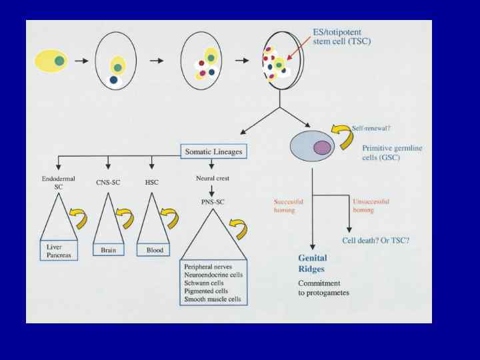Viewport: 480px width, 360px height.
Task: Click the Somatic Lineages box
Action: click(213, 152)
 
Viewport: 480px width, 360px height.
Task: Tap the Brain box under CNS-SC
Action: click(109, 251)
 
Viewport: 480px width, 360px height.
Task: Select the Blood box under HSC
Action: click(153, 251)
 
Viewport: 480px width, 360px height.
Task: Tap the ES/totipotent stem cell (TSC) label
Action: click(342, 37)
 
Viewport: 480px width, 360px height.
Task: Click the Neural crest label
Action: click(213, 179)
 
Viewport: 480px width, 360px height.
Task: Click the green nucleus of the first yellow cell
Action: click(59, 61)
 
